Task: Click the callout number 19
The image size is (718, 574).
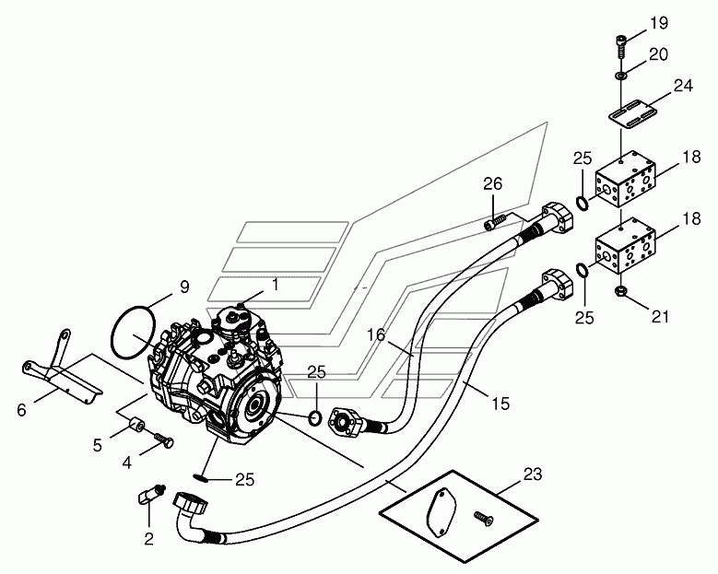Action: coord(659,23)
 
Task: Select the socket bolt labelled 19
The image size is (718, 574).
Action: coord(620,46)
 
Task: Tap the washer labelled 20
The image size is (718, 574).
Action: coord(620,75)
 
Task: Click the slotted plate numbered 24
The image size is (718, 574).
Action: coord(631,112)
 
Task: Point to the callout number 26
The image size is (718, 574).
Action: coord(493,183)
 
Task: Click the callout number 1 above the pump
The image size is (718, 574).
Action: coord(276,285)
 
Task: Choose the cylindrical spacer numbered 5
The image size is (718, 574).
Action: coord(136,425)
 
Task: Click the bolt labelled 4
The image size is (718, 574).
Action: coord(163,439)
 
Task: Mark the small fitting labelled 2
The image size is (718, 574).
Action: coord(150,494)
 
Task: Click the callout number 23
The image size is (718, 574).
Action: coord(533,474)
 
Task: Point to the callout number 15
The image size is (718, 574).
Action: coord(501,404)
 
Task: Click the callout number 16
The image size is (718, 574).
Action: coord(376,335)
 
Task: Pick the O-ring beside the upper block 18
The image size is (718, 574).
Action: coord(582,204)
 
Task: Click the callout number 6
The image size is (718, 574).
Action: coord(21,410)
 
